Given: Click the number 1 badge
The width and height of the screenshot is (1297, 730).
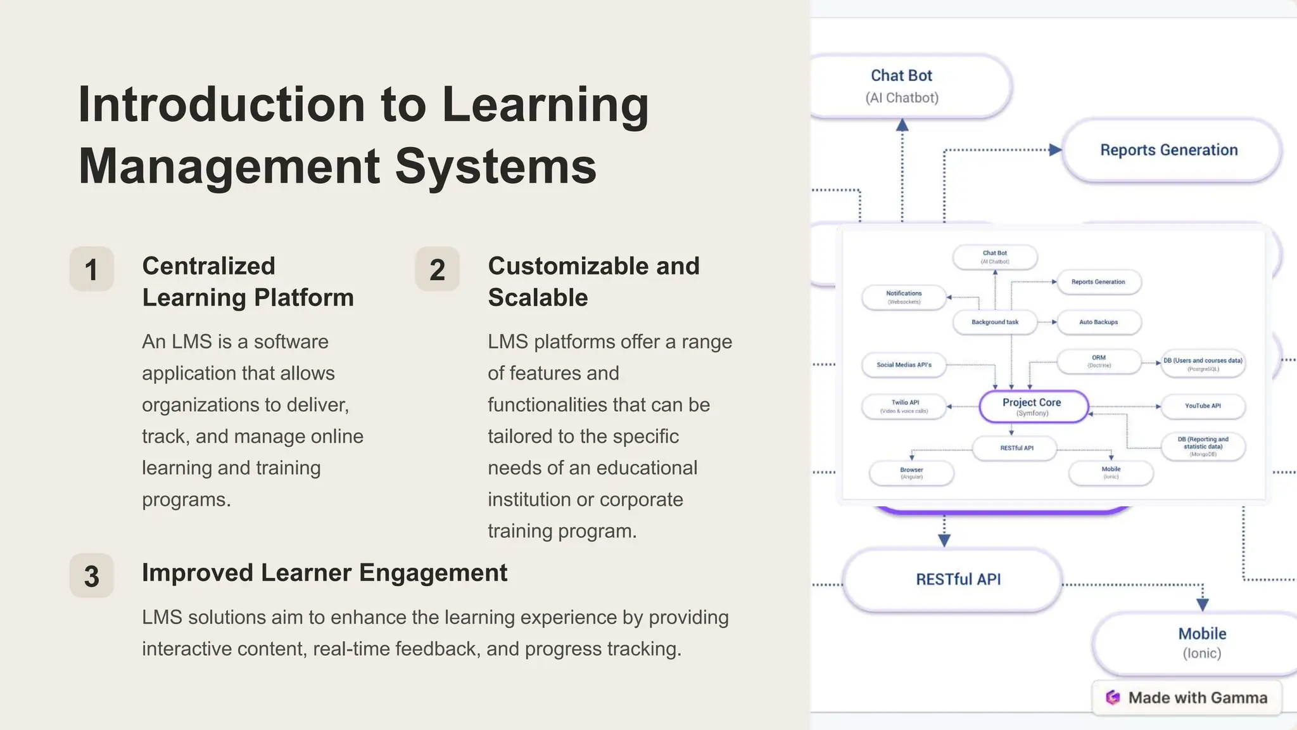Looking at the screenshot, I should point(92,269).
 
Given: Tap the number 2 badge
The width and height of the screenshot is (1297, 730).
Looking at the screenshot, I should point(437,269).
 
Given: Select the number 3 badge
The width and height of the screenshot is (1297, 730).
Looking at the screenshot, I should point(92,576).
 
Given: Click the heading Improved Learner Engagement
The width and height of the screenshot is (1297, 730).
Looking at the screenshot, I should point(324,573).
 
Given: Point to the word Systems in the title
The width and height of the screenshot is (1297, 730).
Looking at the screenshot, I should point(496,166).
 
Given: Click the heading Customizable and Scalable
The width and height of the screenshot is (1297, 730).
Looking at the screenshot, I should point(593,281).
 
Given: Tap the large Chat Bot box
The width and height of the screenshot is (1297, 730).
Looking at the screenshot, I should point(906,86).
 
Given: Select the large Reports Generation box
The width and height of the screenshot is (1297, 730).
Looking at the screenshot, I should point(1169,150).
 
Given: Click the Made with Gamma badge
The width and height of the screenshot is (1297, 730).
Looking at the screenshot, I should point(1187,698).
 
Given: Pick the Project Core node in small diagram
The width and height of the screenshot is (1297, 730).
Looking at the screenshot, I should point(1033,407).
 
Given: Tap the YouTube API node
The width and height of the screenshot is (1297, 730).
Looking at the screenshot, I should point(1202,406).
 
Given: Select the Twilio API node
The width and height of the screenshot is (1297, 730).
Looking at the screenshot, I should point(904,406).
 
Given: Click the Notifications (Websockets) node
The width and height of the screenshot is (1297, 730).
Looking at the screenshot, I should point(904,297).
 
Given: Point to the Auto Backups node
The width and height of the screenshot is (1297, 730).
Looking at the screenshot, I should point(1099,322).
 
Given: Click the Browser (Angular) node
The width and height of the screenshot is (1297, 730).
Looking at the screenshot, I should point(911,473).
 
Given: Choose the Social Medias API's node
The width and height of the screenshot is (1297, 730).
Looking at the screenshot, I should point(904,365).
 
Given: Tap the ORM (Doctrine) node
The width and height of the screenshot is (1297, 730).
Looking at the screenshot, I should point(1099,361).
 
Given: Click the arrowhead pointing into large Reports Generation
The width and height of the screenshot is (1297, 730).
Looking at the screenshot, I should point(1055,150).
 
